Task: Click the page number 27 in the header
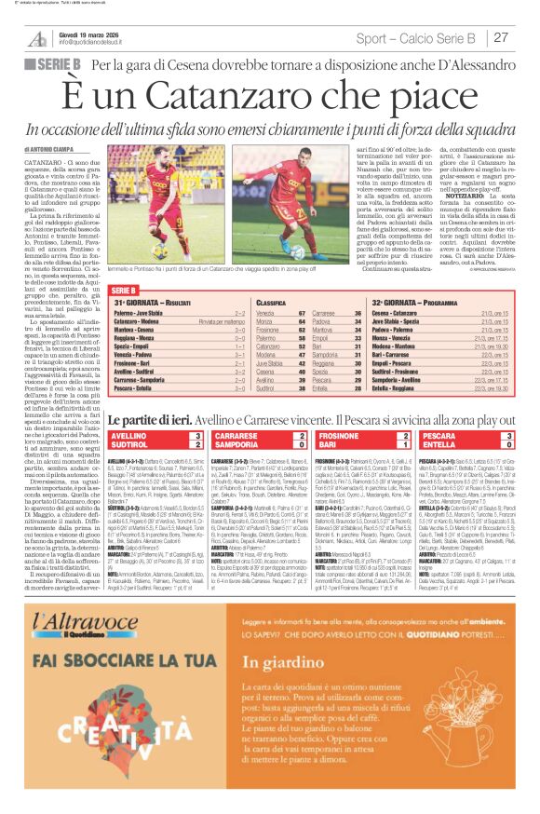[x=501, y=38]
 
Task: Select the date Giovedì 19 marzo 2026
[x=89, y=34]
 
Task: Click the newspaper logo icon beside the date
[x=38, y=38]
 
